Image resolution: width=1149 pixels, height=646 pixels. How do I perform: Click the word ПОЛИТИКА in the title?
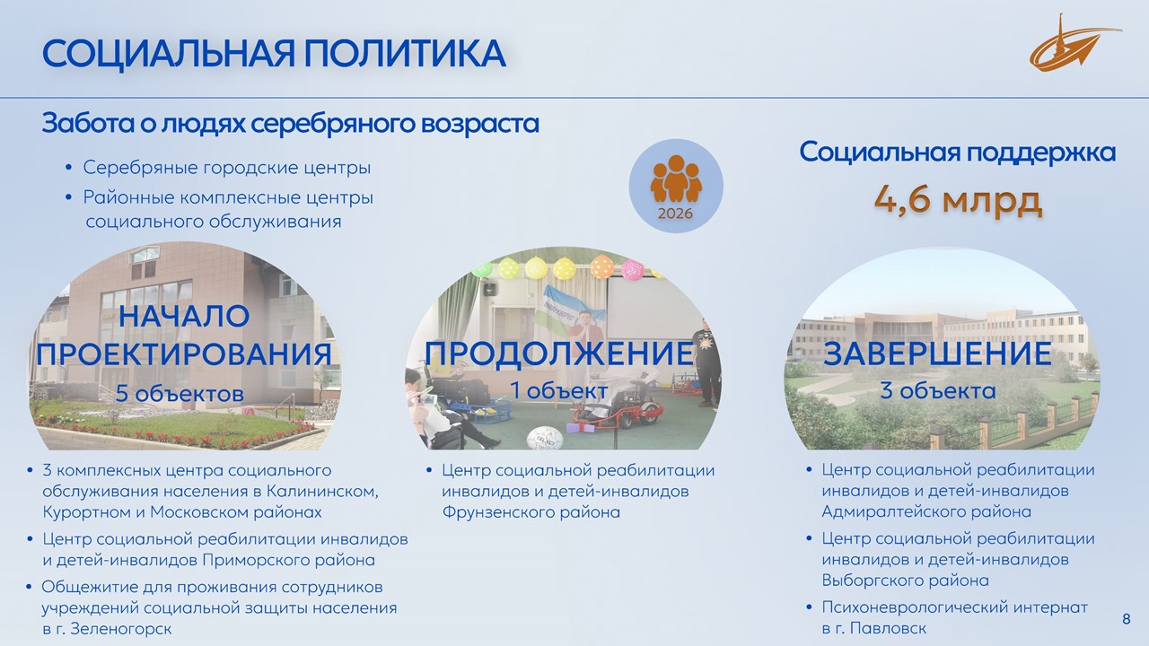point(405,53)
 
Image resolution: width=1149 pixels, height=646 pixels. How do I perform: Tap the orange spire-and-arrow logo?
point(1074,45)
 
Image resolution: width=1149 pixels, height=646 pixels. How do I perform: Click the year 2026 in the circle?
point(675,214)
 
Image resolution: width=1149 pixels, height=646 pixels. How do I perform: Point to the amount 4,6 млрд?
point(958,199)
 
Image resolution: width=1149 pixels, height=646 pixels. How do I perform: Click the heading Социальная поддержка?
point(957,153)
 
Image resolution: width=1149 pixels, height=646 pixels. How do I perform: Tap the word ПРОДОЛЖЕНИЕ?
point(559,353)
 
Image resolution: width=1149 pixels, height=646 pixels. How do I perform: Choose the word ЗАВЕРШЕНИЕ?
point(937,353)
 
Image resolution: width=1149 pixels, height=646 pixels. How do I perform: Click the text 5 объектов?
point(180,393)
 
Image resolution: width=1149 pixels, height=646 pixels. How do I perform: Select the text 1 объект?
point(558,390)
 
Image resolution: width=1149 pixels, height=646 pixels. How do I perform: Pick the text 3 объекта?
point(938,390)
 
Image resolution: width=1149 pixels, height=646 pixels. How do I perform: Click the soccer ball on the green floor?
point(545,439)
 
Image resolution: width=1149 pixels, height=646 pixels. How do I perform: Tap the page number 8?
point(1127,619)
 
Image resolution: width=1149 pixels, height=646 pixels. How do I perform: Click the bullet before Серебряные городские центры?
point(69,167)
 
